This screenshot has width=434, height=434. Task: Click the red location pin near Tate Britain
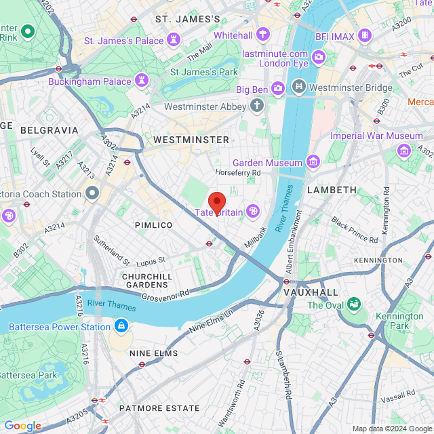(216, 203)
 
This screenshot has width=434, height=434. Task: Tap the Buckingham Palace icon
(142, 81)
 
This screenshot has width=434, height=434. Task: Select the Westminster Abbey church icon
(256, 106)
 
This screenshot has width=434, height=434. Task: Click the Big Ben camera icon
(278, 88)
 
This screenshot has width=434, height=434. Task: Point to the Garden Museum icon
(313, 163)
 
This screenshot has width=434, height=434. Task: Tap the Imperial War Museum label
(376, 136)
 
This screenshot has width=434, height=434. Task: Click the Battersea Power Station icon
(121, 327)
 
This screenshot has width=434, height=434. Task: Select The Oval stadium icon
(353, 305)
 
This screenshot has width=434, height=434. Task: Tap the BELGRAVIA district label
(49, 130)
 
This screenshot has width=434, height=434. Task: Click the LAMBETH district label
(332, 190)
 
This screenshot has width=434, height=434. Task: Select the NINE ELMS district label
(153, 353)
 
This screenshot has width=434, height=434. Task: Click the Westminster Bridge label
(351, 87)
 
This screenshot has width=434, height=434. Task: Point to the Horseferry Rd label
(237, 173)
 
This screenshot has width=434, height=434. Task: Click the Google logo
(22, 426)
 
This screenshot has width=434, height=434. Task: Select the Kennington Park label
(400, 321)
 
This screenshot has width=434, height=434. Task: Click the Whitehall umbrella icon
(262, 35)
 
